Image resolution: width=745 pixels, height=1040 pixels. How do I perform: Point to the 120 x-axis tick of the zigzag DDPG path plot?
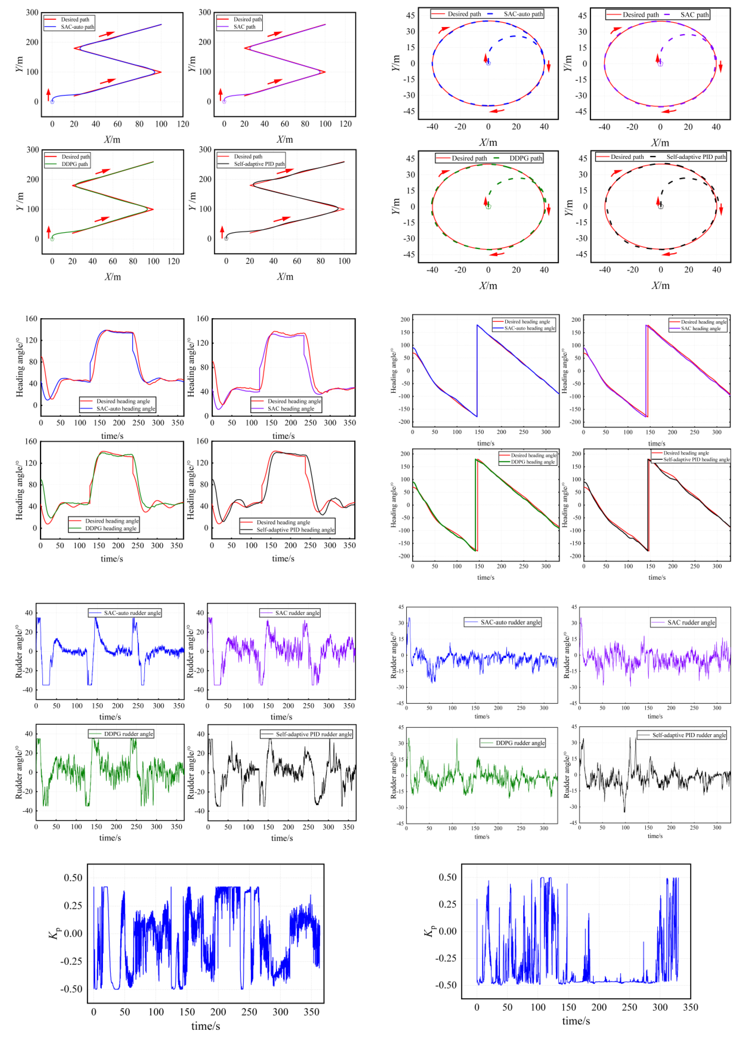[173, 261]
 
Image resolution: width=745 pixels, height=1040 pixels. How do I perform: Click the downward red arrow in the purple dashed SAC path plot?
[720, 67]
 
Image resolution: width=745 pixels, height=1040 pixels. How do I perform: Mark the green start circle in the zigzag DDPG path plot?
[52, 239]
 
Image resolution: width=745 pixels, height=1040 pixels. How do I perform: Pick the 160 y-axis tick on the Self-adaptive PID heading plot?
[202, 441]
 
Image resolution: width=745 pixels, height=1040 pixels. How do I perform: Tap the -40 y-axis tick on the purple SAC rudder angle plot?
[200, 690]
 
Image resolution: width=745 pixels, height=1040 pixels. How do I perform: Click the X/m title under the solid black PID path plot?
[285, 276]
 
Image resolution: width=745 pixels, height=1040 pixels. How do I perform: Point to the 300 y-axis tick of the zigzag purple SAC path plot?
[204, 12]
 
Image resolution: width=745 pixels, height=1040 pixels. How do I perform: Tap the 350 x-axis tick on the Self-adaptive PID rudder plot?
[348, 827]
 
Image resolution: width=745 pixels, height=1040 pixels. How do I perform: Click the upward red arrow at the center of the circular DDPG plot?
[486, 201]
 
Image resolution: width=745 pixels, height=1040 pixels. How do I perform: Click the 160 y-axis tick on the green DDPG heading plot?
[31, 441]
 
